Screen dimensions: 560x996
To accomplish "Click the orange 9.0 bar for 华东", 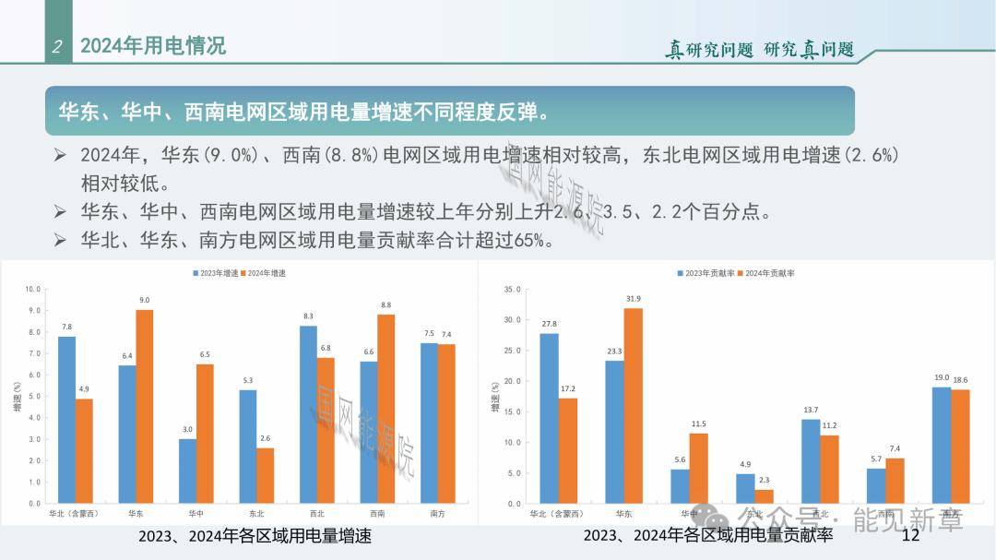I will coord(145,407).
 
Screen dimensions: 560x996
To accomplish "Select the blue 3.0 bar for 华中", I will coord(187,471).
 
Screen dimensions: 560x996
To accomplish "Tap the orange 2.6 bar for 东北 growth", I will coord(266,475).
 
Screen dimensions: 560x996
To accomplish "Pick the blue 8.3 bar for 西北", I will coord(308,414).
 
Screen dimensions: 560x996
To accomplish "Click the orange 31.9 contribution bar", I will coord(633,406).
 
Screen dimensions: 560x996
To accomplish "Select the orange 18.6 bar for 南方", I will coord(960,447).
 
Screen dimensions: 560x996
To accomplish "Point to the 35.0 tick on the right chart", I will coord(514,289).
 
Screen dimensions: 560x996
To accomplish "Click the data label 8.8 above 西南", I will coord(385,304).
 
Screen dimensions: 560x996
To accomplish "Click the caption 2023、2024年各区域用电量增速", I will coord(255,536).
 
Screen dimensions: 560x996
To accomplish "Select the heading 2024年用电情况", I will coord(153,46).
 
